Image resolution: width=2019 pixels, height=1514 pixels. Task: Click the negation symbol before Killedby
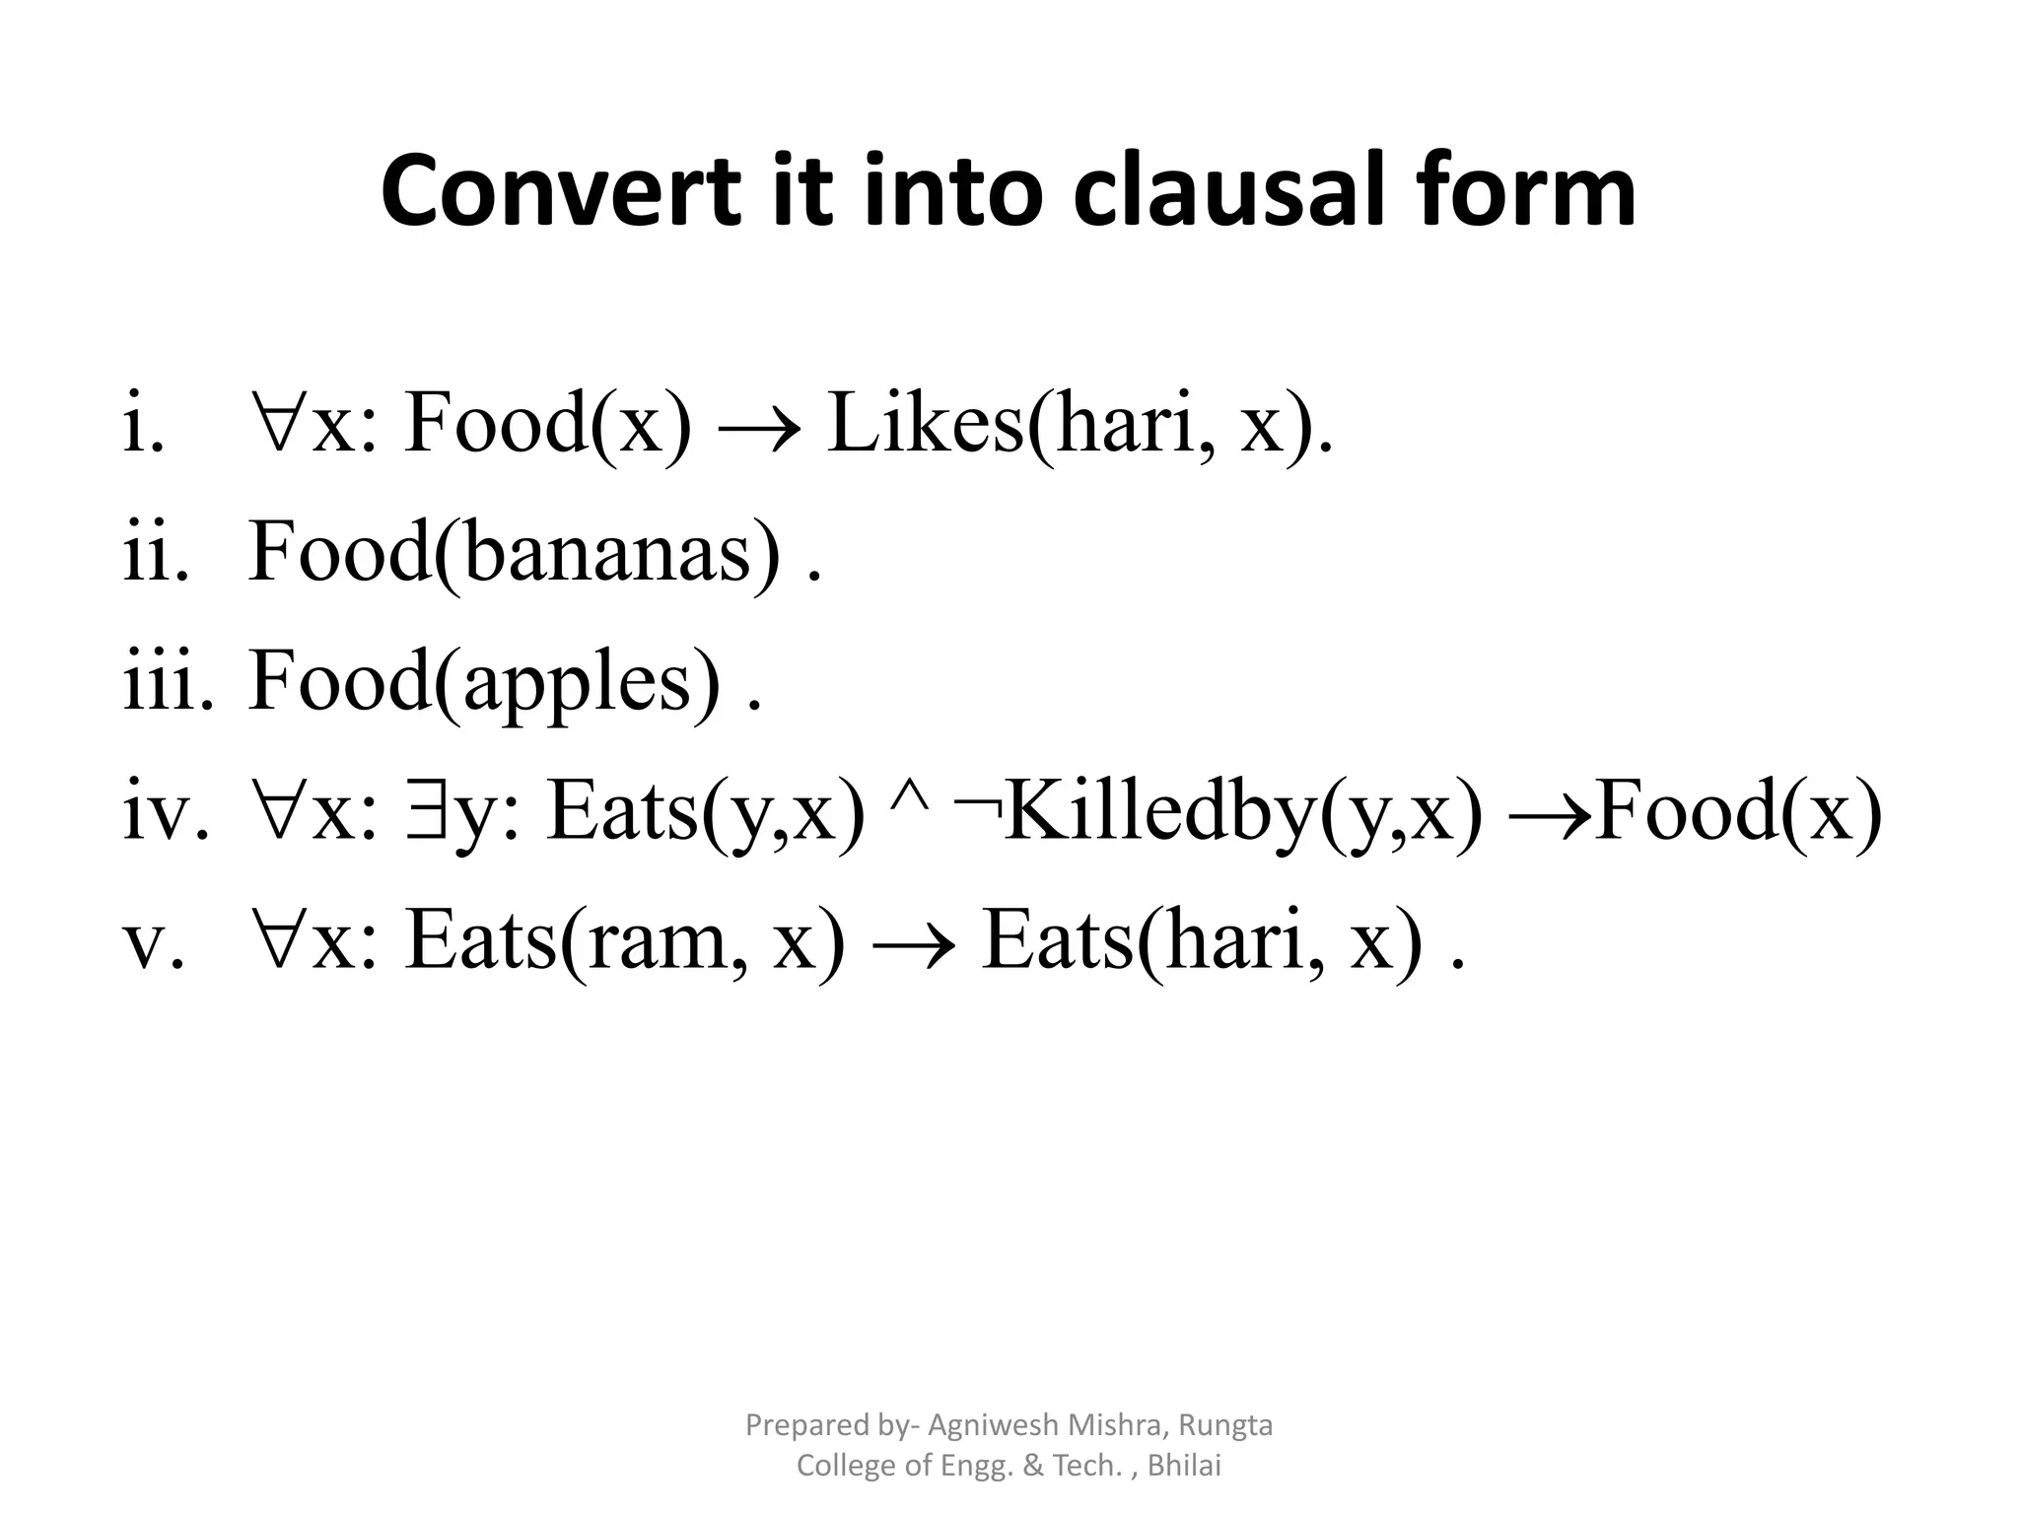tap(977, 808)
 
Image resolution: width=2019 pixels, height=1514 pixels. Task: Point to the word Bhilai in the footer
tap(1184, 1466)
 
